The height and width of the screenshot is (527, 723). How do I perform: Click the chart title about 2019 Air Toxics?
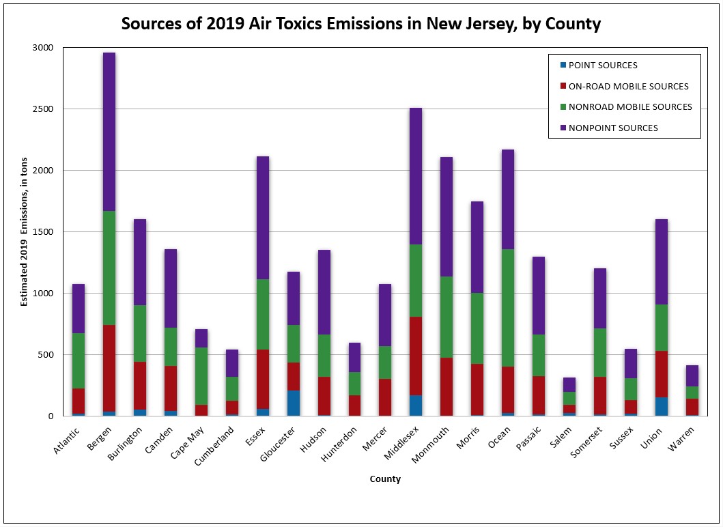[x=360, y=25]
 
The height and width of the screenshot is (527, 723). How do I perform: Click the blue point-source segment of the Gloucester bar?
[x=293, y=403]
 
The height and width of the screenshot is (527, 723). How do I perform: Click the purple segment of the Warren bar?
[x=691, y=375]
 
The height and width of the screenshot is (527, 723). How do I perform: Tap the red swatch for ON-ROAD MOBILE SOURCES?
[x=563, y=86]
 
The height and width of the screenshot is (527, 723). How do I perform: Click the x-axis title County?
[x=385, y=479]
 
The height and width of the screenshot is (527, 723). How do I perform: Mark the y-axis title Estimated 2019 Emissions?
[x=24, y=232]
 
